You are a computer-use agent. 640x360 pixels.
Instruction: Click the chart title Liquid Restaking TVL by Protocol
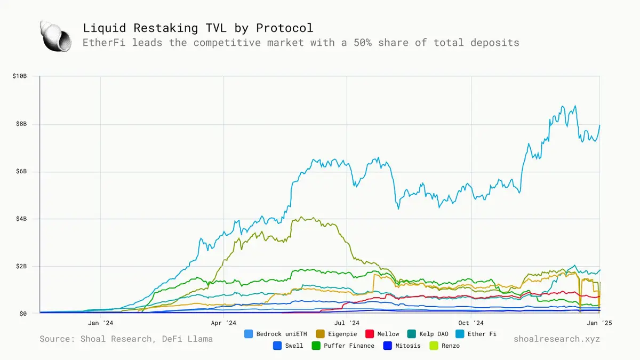click(x=198, y=28)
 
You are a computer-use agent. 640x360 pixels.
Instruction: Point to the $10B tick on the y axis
click(x=19, y=77)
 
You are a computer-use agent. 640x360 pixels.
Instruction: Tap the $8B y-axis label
click(x=21, y=124)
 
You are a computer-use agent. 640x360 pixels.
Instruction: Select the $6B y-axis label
click(x=21, y=172)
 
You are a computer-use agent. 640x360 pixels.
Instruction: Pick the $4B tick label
click(x=21, y=219)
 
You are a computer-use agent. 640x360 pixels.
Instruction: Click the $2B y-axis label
click(x=21, y=266)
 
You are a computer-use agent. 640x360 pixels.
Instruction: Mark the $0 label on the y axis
click(x=23, y=314)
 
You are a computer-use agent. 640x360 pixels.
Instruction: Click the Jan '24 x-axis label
click(x=100, y=323)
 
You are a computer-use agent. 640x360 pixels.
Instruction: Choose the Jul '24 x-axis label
click(x=347, y=323)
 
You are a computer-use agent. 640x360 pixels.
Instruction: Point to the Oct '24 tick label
click(x=471, y=323)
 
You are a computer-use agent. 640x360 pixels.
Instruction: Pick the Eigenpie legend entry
click(x=337, y=334)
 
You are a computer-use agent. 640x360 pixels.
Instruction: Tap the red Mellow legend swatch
click(x=369, y=334)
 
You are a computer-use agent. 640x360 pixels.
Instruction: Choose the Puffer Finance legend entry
click(x=343, y=346)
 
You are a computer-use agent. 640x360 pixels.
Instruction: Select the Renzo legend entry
click(x=444, y=346)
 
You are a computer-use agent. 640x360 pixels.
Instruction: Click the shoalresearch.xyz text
click(x=557, y=339)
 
